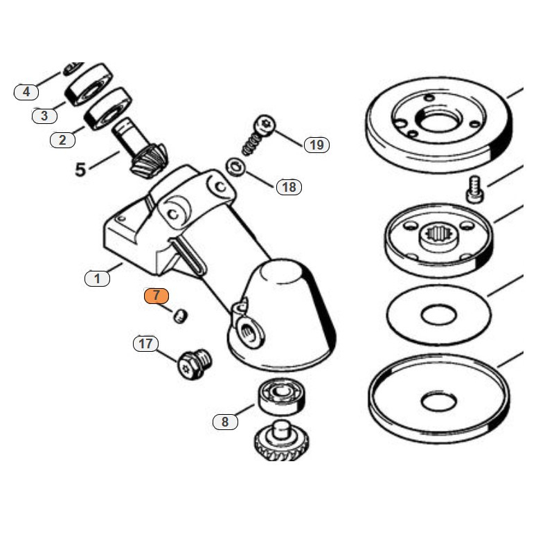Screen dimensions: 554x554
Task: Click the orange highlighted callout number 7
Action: (x=157, y=295)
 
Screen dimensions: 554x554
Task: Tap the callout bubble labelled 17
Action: (x=145, y=343)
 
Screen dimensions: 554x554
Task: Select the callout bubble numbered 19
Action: (x=316, y=145)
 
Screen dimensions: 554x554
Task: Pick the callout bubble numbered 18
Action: (x=289, y=187)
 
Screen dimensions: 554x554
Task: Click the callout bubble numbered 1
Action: (x=97, y=278)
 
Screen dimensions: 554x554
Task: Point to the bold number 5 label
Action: (x=80, y=170)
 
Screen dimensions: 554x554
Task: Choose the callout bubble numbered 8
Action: (x=224, y=421)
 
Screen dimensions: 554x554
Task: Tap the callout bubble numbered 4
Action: (x=26, y=91)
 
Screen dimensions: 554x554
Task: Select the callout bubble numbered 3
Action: (x=44, y=116)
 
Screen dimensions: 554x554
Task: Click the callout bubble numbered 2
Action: (x=62, y=140)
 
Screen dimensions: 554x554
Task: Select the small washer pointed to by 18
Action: (x=234, y=168)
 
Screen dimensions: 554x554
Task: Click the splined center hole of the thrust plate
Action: (x=438, y=239)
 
